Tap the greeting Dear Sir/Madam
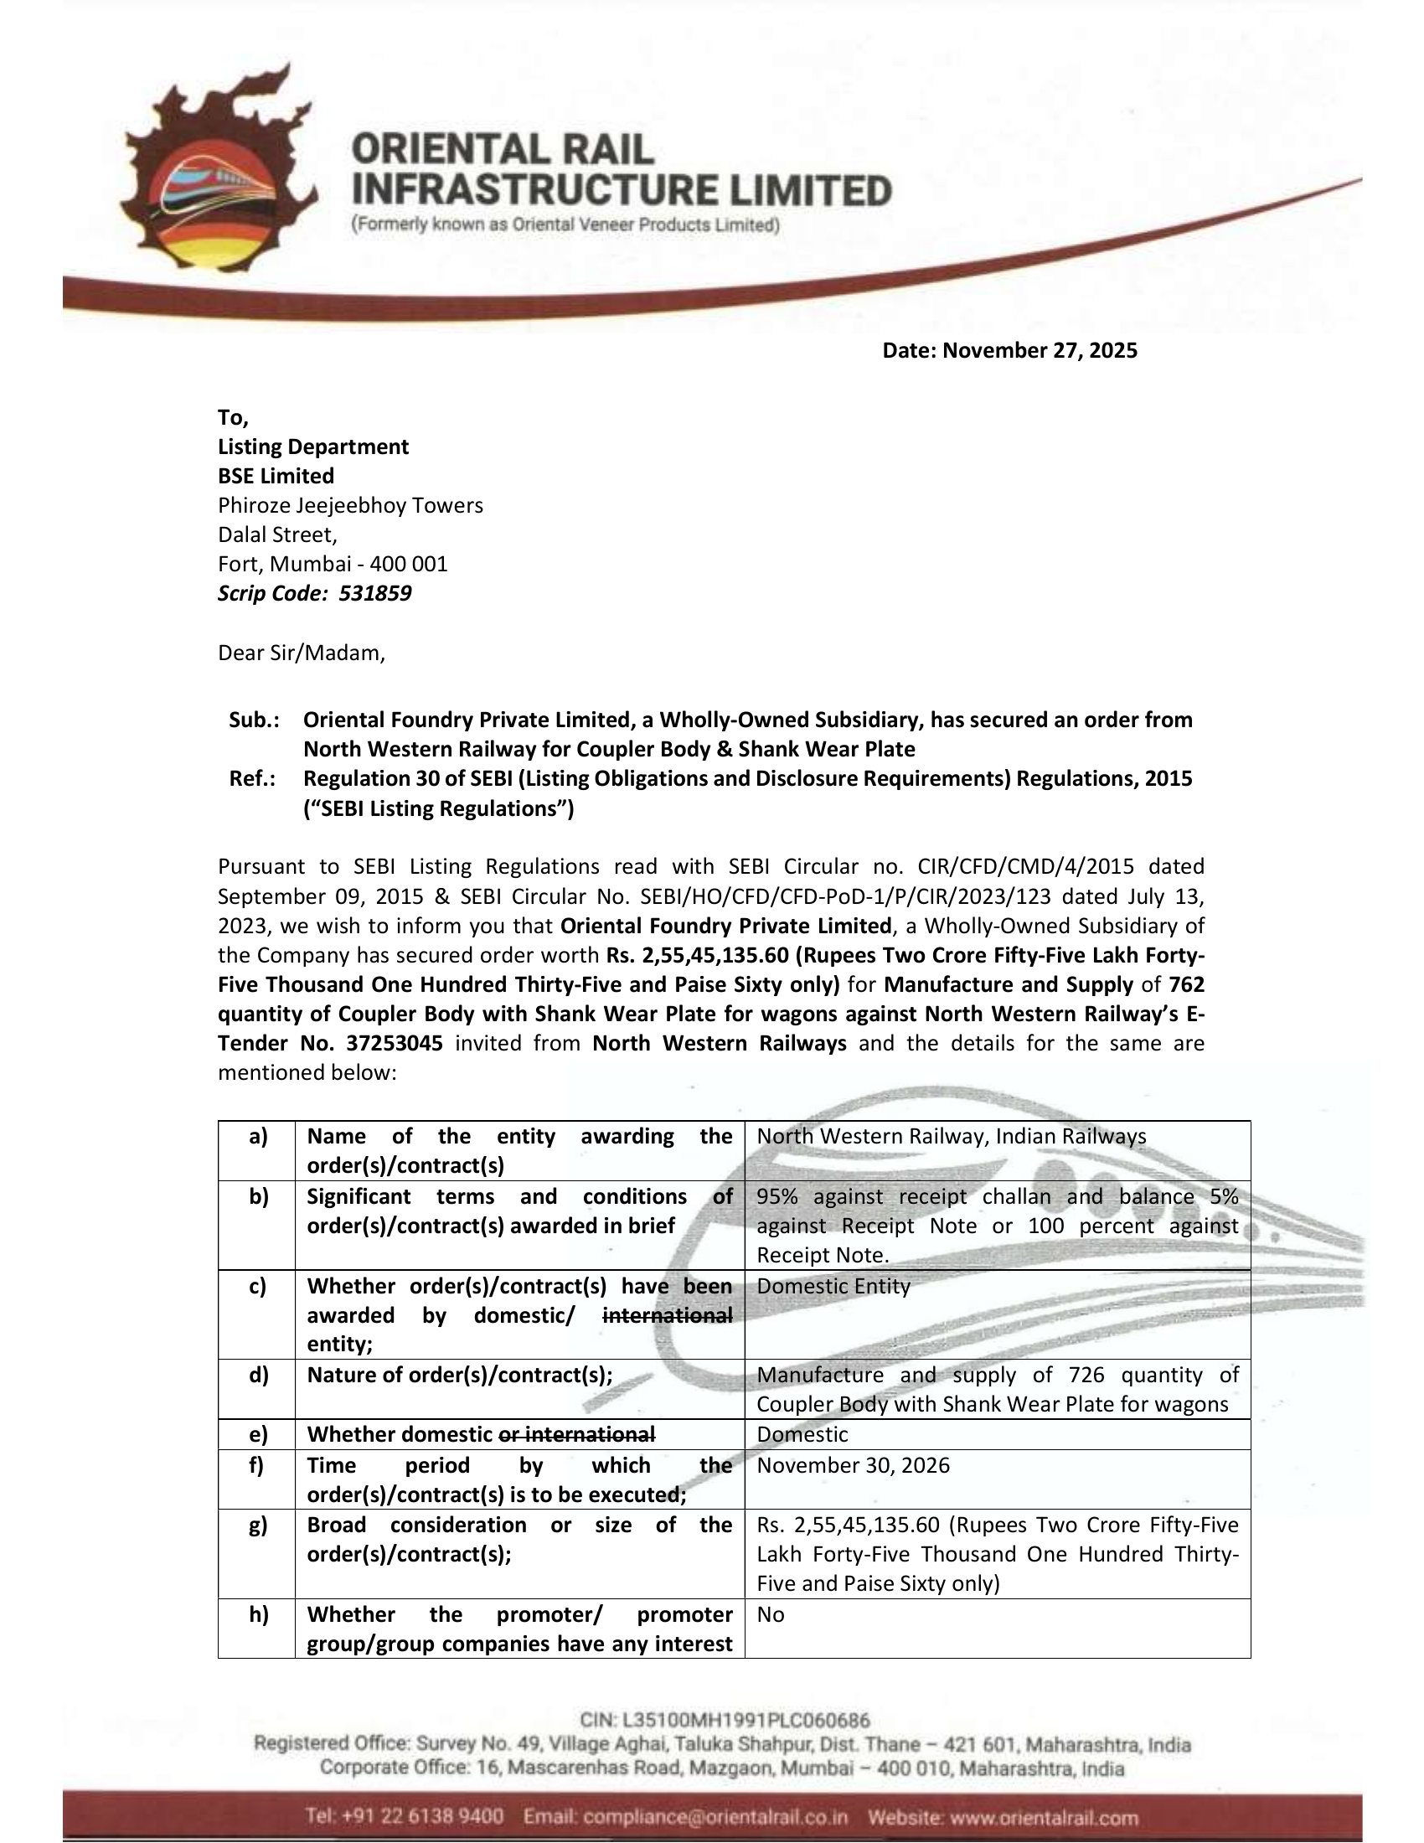coord(302,653)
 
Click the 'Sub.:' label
coord(254,720)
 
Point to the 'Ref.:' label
coord(252,778)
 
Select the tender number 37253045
coord(394,1043)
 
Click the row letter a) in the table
coord(257,1137)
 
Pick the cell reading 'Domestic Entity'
coord(833,1286)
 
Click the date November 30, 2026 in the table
coord(853,1465)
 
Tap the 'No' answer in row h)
coord(770,1614)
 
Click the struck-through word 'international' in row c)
coord(668,1315)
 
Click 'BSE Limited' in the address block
coord(276,476)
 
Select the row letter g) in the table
coord(257,1525)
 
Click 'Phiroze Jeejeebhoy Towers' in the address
coord(350,505)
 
